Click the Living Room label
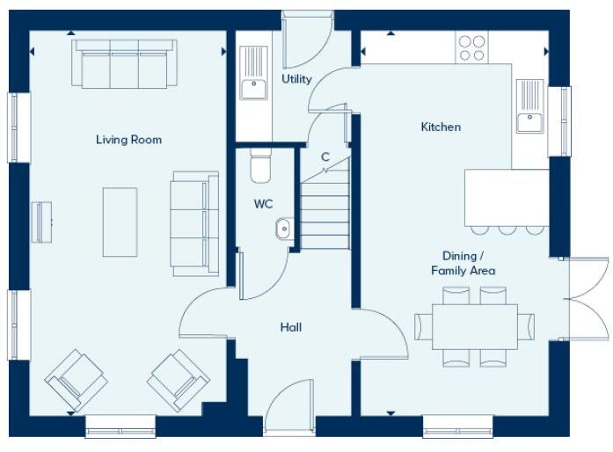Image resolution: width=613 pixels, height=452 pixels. [x=128, y=140]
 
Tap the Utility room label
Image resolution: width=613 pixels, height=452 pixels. [x=296, y=79]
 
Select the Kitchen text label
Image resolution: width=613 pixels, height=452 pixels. [x=441, y=128]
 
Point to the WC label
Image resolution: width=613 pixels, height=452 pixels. [x=263, y=204]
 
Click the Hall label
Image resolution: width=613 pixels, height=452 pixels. [x=290, y=327]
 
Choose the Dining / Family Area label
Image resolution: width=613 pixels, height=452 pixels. [x=463, y=263]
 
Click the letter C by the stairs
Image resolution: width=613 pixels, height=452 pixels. [x=325, y=157]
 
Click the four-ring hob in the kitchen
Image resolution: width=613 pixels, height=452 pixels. [x=472, y=47]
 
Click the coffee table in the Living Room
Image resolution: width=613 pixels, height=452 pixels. [x=120, y=222]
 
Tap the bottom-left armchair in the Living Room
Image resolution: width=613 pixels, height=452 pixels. [x=76, y=379]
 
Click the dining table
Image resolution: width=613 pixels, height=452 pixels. [x=474, y=326]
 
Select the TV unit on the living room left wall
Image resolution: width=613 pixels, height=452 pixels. [x=41, y=222]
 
